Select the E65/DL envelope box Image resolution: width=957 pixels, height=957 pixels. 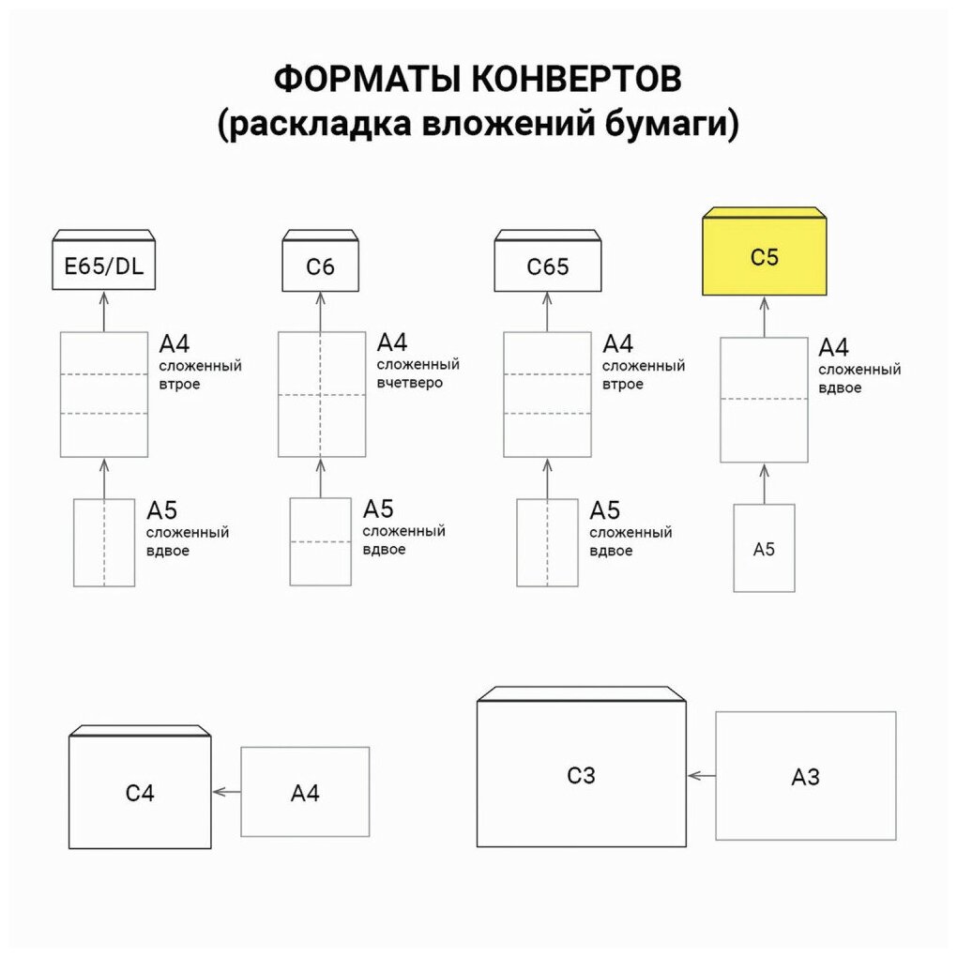coord(103,266)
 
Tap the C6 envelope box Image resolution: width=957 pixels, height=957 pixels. coord(320,266)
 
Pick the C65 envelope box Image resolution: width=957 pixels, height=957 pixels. coord(547,266)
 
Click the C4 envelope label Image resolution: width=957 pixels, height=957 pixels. coord(140,793)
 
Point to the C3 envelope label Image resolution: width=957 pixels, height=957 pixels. coord(582,775)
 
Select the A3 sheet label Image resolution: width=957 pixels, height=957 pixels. coord(805,777)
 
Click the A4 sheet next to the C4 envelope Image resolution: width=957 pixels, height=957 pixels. coord(305,792)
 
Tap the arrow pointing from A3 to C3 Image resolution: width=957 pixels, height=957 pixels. coord(701,776)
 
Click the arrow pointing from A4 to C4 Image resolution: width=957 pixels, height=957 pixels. coord(226,792)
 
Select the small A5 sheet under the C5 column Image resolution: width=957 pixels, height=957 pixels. coord(764,549)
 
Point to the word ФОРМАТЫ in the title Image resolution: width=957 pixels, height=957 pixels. coord(357,80)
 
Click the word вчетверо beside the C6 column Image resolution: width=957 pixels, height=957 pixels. coord(409,383)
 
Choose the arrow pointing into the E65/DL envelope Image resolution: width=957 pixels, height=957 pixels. coord(104,310)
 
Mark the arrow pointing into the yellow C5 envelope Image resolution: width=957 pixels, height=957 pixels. coord(765,316)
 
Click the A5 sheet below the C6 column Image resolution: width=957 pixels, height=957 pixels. coord(320,541)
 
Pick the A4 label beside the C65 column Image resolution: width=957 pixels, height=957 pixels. coord(617,343)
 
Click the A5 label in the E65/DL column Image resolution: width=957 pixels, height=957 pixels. coord(161,510)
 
